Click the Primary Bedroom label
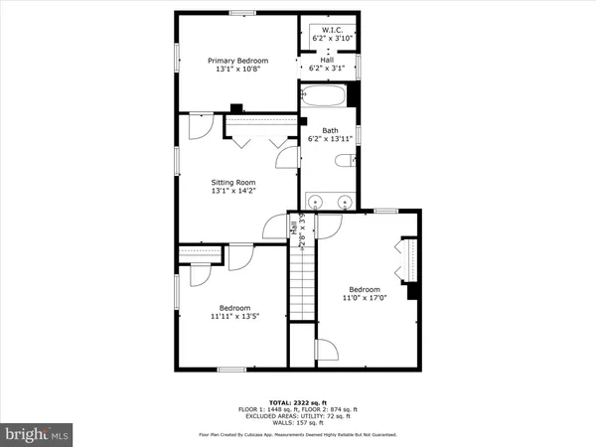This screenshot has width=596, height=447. tap(237, 61)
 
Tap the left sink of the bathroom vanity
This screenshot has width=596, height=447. tap(316, 202)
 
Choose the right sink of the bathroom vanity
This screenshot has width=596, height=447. tap(345, 202)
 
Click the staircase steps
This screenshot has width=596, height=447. tap(301, 282)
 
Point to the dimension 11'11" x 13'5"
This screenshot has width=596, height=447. tap(235, 317)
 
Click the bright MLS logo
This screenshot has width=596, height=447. tap(37, 434)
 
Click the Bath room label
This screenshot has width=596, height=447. tap(329, 129)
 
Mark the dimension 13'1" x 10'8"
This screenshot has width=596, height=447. tap(237, 70)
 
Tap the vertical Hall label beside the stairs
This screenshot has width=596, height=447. tap(295, 227)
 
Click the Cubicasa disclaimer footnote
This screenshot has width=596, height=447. tap(297, 434)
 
